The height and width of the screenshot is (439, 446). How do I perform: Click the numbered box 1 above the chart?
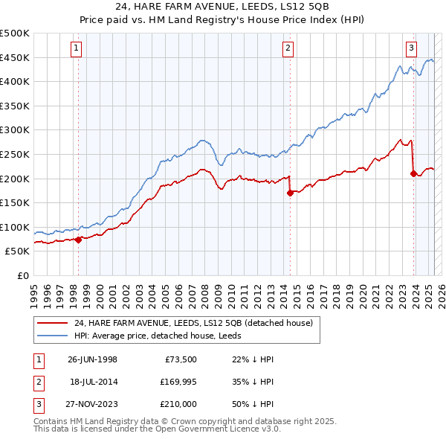point(77,49)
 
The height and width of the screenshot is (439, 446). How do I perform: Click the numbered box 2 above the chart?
point(288,49)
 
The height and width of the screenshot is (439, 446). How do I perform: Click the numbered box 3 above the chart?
point(411,49)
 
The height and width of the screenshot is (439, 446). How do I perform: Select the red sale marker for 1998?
point(78,240)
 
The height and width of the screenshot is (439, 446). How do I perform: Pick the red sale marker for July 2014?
point(290,193)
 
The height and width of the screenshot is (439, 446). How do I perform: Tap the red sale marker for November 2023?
point(413,173)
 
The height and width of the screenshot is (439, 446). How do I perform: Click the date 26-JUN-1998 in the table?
point(92,359)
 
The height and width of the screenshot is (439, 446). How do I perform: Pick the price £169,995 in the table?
point(176,382)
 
